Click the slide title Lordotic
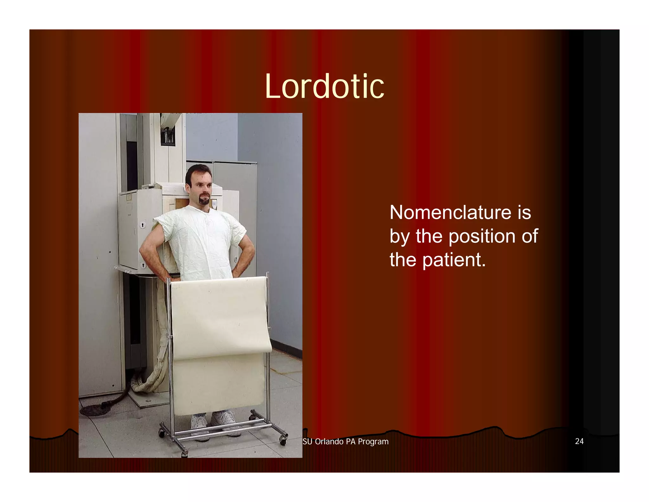click(324, 86)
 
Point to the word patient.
click(453, 260)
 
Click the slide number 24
click(579, 441)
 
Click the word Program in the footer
click(373, 442)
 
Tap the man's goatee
click(204, 200)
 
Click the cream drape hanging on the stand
click(220, 317)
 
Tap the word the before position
click(429, 236)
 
